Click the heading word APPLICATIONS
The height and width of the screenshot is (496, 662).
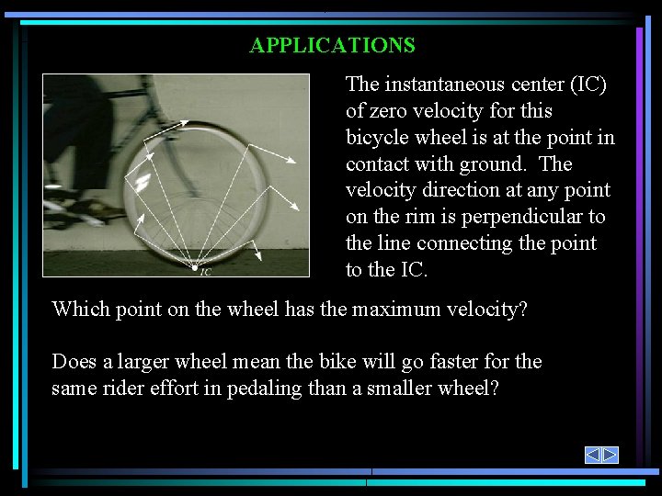pos(332,45)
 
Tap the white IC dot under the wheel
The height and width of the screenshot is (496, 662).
pos(194,266)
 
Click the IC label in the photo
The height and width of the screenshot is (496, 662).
pos(206,272)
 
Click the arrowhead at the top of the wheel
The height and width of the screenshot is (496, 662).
pos(187,122)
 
